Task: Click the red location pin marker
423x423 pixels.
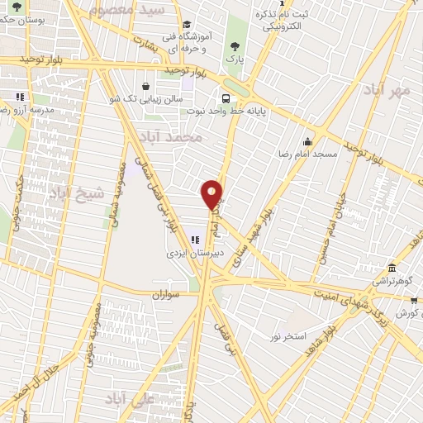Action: pyautogui.click(x=212, y=195)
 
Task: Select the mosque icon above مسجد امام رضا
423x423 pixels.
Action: pyautogui.click(x=308, y=140)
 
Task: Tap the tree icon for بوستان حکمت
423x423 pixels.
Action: pyautogui.click(x=17, y=7)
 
